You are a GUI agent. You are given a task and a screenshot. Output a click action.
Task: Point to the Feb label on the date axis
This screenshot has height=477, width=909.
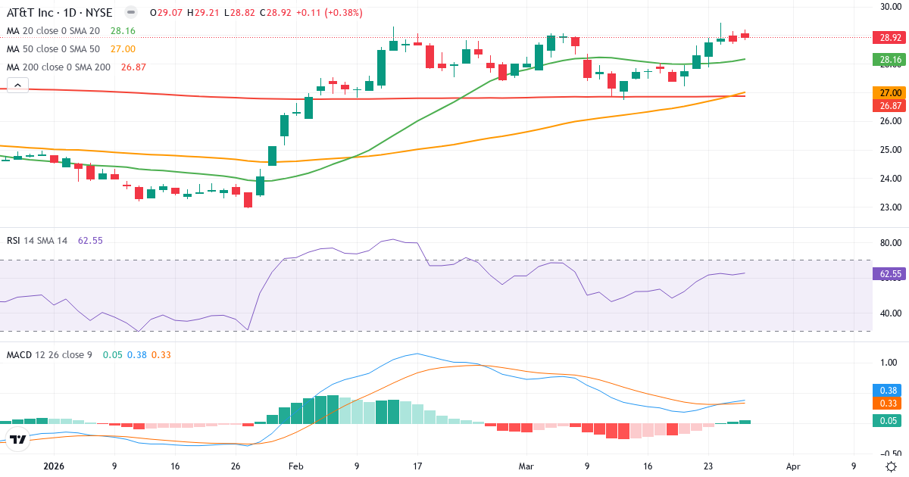[296, 467]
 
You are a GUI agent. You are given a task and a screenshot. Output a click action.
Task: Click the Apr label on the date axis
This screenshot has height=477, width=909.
[793, 467]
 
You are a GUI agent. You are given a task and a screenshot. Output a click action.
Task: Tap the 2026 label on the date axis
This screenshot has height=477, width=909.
[55, 467]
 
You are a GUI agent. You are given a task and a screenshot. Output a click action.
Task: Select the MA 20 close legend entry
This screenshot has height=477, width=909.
[53, 31]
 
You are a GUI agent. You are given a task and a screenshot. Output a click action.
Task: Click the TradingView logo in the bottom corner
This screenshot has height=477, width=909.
[18, 439]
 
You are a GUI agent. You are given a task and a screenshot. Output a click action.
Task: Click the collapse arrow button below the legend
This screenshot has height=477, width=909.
[17, 86]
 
